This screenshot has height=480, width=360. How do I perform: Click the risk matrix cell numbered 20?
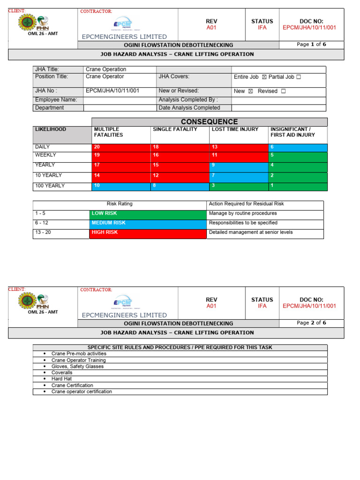coord(121,147)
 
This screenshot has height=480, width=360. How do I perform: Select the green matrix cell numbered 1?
coord(298,186)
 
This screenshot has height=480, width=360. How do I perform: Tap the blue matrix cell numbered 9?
coord(239,165)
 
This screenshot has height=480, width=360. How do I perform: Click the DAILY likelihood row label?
coord(43,147)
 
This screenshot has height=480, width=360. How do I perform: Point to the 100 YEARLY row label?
coord(50,186)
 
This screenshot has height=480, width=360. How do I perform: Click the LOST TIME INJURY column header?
coord(235,129)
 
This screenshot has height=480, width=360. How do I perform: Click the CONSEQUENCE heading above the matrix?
coord(210,122)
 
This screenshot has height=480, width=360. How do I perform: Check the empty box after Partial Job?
coord(299,77)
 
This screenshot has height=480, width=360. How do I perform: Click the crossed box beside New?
coord(250,91)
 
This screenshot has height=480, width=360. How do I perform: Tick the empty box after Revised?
coord(283,91)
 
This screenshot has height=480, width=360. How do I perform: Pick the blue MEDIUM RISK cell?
coord(147,224)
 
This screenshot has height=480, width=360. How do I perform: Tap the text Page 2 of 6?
coord(312,323)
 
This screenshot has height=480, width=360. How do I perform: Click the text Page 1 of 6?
coord(312,45)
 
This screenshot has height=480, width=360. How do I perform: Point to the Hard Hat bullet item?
coord(61,379)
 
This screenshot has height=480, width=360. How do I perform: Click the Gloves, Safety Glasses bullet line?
coord(77,367)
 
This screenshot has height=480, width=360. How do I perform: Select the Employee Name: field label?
coord(56,100)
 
